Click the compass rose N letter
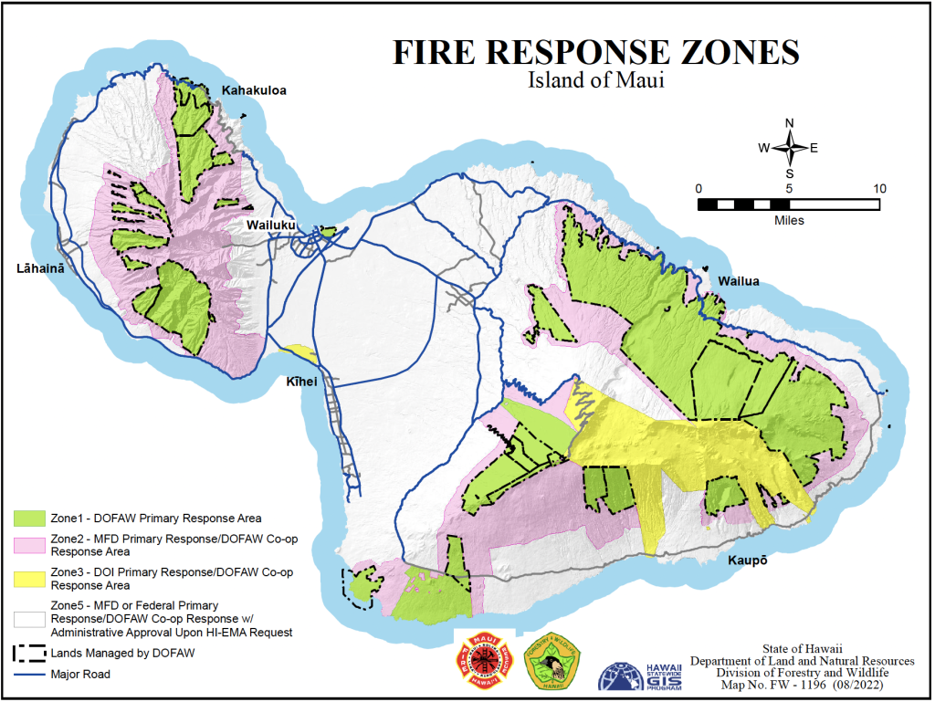790,123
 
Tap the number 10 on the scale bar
879,188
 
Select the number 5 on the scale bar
789,188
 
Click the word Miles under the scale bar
789,220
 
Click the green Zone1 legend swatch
29,518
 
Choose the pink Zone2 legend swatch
29,545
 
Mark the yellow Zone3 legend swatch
29,579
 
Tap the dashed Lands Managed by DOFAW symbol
29,654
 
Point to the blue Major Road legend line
29,675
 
